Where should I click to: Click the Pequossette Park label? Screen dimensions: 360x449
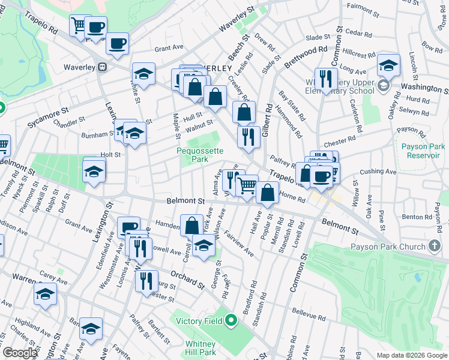192,155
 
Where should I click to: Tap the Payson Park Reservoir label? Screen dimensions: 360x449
423,151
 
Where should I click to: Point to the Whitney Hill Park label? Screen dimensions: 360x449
200,348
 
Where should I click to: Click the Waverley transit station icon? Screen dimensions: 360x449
103,67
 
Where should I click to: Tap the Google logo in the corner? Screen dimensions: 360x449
19,353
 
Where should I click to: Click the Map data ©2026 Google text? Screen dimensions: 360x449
411,355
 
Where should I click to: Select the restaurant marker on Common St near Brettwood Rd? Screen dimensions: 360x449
324,79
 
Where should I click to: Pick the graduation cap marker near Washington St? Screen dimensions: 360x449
388,65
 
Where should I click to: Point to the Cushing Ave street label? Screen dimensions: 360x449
378,172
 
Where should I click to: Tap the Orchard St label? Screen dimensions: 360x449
184,278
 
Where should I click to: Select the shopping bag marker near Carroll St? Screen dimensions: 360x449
191,226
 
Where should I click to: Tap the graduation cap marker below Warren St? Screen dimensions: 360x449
45,294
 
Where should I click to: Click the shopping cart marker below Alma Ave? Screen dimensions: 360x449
247,185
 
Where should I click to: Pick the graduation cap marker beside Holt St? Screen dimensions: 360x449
94,171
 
